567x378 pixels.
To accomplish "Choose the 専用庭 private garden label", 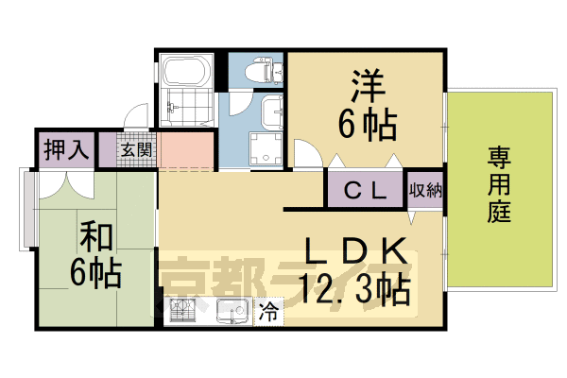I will [500, 183].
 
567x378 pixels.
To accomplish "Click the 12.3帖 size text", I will [354, 288].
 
